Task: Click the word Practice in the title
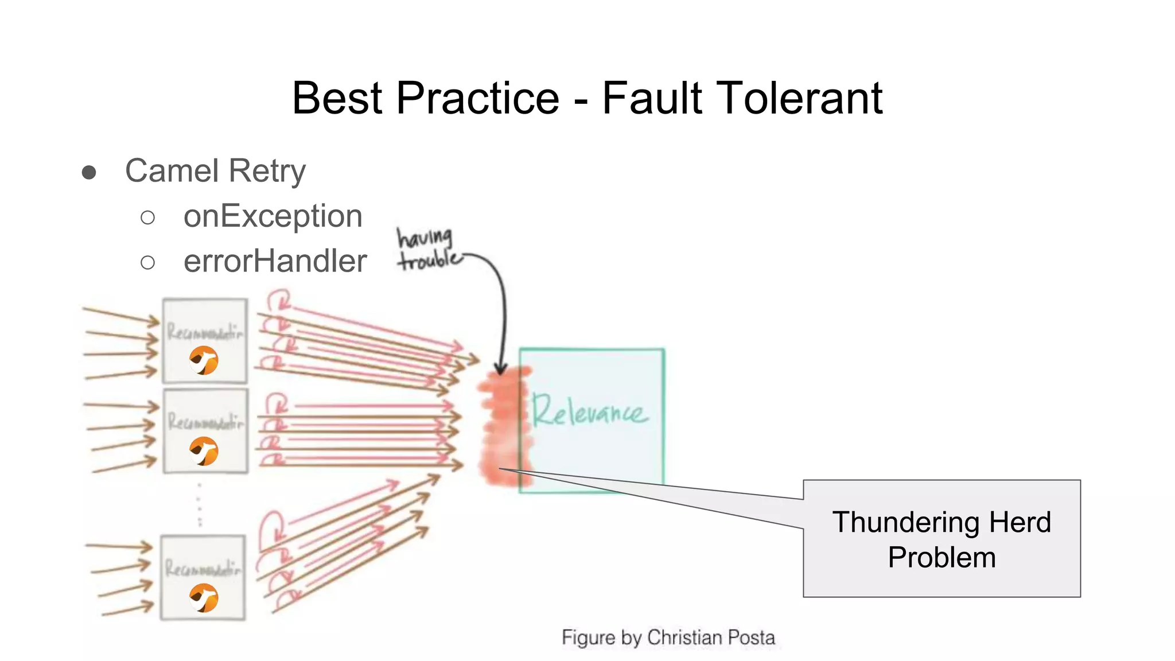coord(477,98)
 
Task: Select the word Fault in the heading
coord(651,98)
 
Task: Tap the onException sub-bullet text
coord(273,216)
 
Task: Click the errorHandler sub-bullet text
coord(275,261)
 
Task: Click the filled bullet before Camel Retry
coord(89,172)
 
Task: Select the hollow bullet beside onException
coord(147,217)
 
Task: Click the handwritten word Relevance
coord(589,411)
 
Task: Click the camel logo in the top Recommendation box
coord(204,360)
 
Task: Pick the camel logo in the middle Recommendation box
coord(204,451)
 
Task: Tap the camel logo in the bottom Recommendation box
coord(204,598)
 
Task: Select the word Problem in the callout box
coord(941,557)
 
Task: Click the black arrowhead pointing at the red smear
coord(501,368)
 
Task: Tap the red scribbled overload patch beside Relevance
coord(502,425)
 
